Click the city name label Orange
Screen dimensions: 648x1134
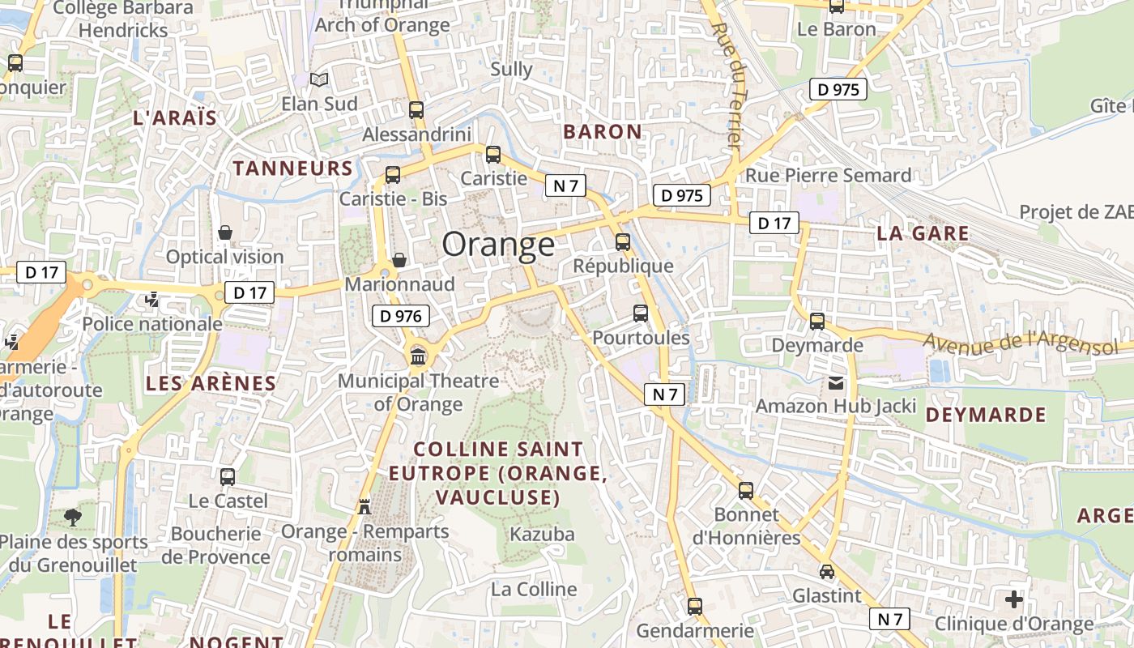(x=498, y=244)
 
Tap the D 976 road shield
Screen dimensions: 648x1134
(x=401, y=316)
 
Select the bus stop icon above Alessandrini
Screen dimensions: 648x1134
(x=416, y=110)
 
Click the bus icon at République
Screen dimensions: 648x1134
(x=623, y=241)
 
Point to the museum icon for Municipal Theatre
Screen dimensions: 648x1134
(x=419, y=356)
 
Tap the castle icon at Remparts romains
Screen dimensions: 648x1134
(x=364, y=506)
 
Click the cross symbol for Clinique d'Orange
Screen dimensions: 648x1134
(x=1013, y=599)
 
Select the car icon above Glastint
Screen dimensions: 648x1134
(x=826, y=571)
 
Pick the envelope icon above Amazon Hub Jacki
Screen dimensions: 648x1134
(x=835, y=382)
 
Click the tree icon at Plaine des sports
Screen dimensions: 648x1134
(x=73, y=516)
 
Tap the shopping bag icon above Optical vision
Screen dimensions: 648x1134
(x=225, y=232)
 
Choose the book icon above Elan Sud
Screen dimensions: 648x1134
(x=320, y=79)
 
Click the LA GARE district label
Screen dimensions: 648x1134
(x=923, y=234)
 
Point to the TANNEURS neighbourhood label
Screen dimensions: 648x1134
(x=293, y=168)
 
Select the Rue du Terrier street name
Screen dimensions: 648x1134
(x=727, y=85)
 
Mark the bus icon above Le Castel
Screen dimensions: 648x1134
(x=228, y=476)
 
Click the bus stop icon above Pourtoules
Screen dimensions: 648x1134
(x=641, y=313)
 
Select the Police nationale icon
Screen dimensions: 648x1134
(x=151, y=300)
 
